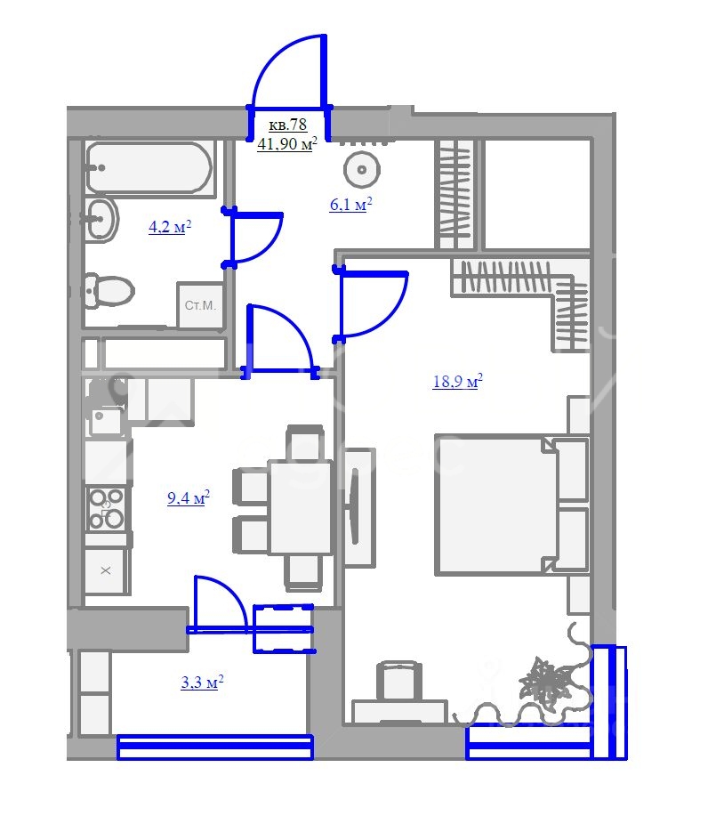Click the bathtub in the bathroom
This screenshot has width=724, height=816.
point(149,168)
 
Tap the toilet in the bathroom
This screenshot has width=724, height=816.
point(109,290)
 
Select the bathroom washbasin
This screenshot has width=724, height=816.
point(101,219)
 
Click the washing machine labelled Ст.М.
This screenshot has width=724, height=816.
point(200,305)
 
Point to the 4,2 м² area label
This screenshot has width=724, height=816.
point(170,227)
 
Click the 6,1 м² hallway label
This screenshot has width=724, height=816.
point(351,204)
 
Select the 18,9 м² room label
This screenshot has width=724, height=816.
point(458,381)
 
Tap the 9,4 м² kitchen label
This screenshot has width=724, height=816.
point(189,497)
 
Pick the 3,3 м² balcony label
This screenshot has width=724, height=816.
point(202,682)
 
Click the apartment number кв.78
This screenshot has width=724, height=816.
point(287,125)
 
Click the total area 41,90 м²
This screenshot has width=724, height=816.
point(287,143)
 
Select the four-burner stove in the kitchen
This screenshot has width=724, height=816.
point(106,509)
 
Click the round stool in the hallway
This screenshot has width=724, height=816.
point(362,170)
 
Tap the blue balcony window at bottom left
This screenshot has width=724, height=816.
point(215,747)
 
